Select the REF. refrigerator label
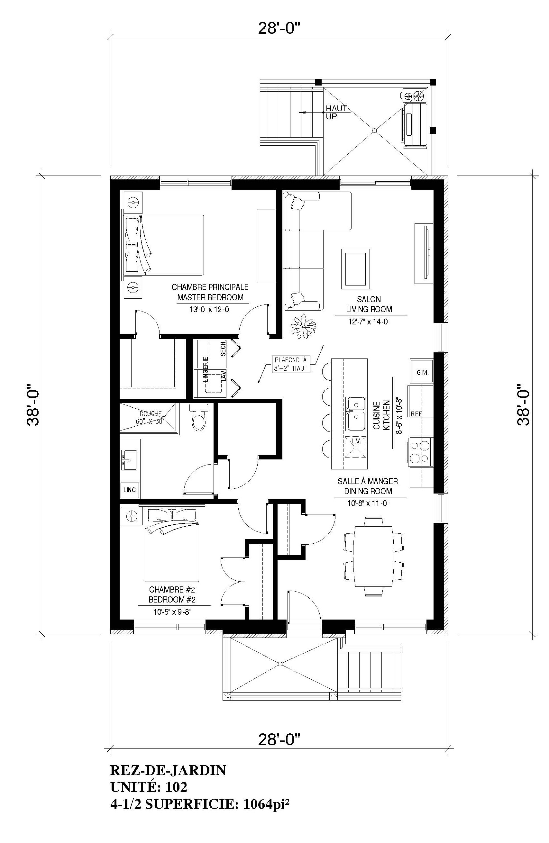[417, 414]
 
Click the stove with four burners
[421, 452]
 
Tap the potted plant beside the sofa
[303, 326]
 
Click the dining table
[374, 556]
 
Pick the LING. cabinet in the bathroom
[130, 490]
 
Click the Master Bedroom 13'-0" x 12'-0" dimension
[210, 309]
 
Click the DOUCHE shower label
[150, 413]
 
